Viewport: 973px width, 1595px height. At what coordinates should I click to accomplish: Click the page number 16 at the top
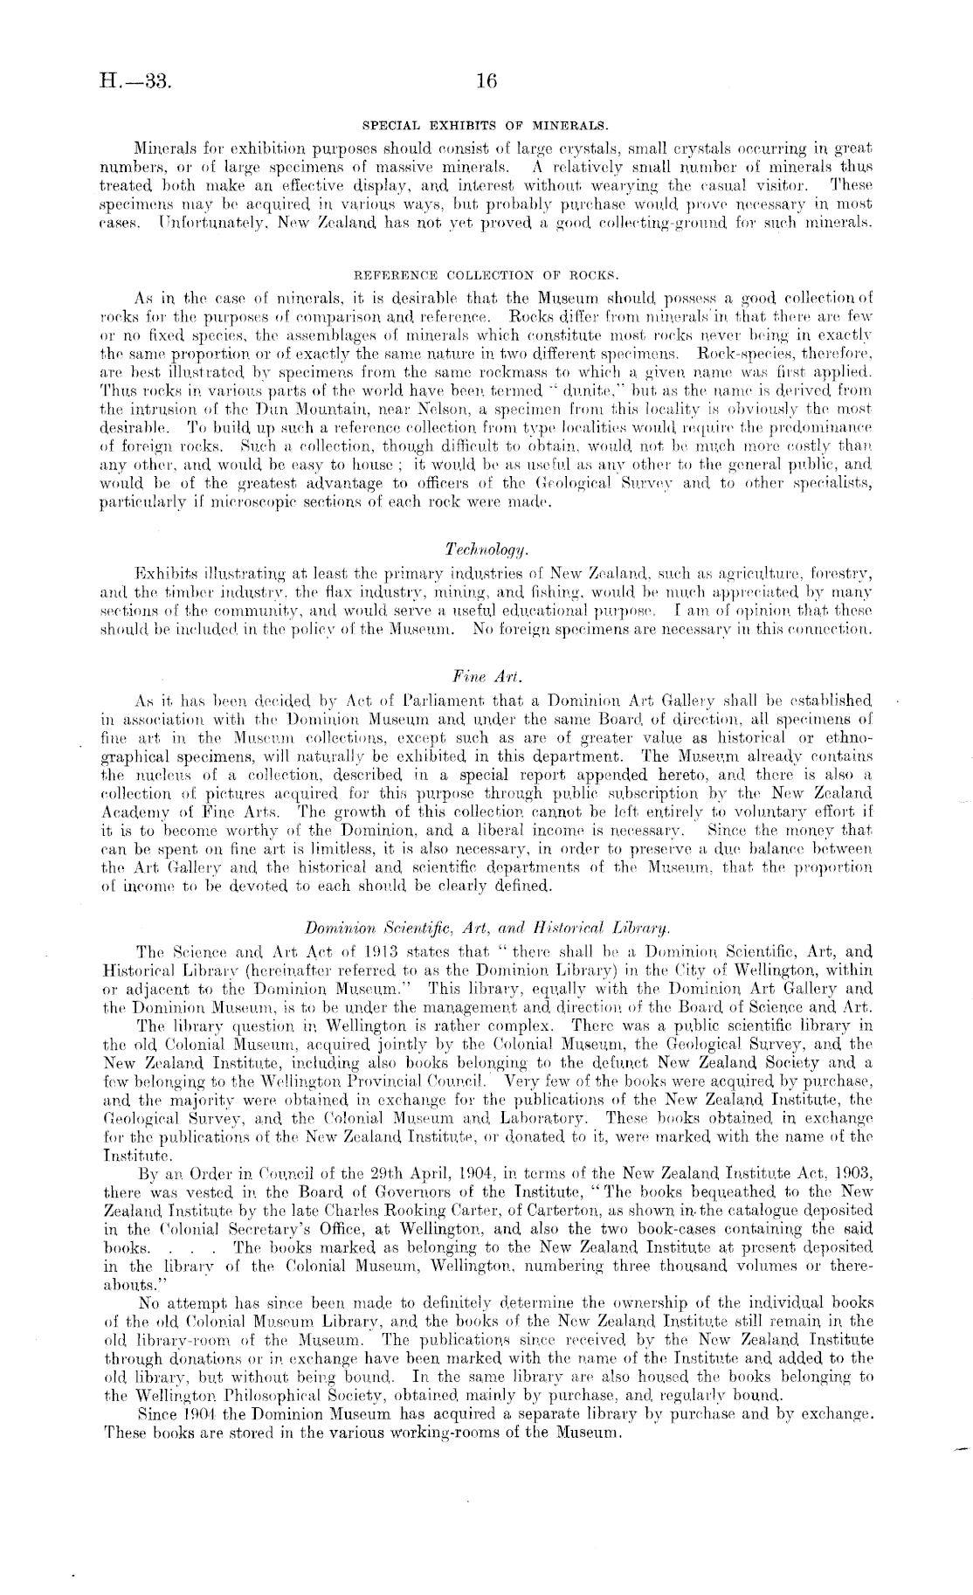pos(486,81)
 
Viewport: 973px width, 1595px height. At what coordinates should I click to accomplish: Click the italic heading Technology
pos(486,548)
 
